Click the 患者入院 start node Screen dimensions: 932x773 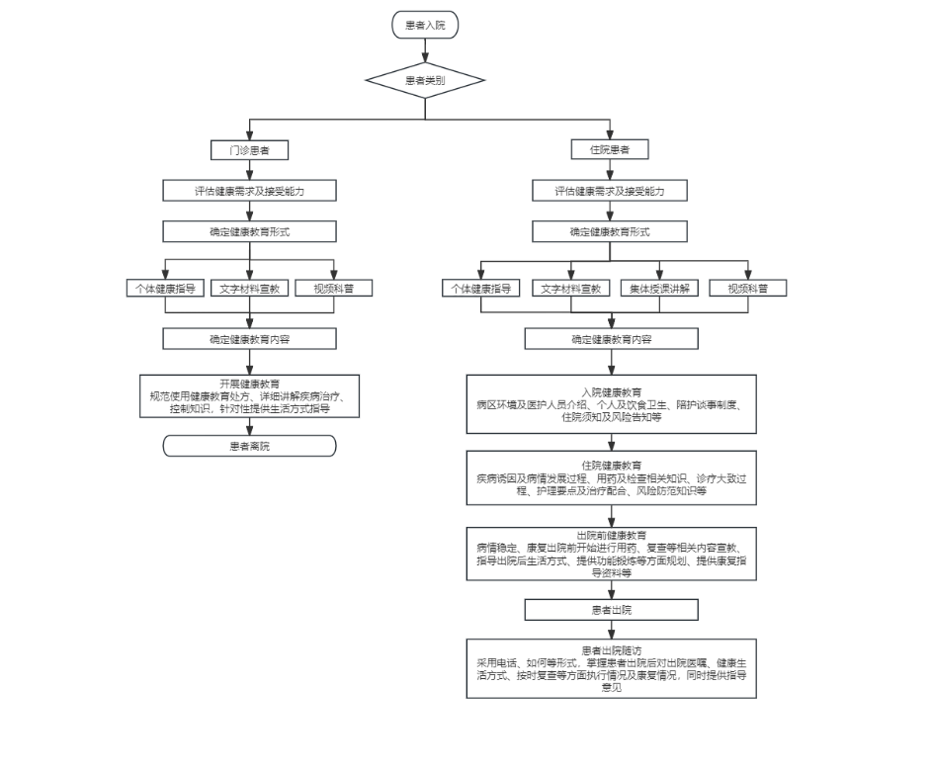(425, 25)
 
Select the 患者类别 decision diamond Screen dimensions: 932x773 (425, 80)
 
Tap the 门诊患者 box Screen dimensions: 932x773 (250, 150)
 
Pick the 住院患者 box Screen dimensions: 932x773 (610, 149)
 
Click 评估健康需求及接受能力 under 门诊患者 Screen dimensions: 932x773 (250, 191)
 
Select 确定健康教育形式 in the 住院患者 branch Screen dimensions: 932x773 (610, 231)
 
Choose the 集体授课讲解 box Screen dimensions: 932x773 (659, 289)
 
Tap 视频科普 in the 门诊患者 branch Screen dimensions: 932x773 (333, 289)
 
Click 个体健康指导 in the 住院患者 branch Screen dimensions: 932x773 (481, 289)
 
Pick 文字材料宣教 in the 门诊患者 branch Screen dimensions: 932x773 (250, 289)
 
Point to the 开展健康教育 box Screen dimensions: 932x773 (250, 396)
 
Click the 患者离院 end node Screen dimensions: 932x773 (250, 446)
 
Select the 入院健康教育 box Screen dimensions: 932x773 (612, 404)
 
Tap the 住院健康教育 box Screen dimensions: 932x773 (612, 478)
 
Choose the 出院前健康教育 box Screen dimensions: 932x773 (612, 554)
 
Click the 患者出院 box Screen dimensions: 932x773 (612, 610)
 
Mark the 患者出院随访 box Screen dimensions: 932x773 (612, 668)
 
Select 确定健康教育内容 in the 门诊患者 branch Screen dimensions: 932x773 (250, 339)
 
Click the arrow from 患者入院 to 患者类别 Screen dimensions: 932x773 (425, 50)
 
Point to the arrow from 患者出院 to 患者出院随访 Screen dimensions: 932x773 (612, 630)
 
